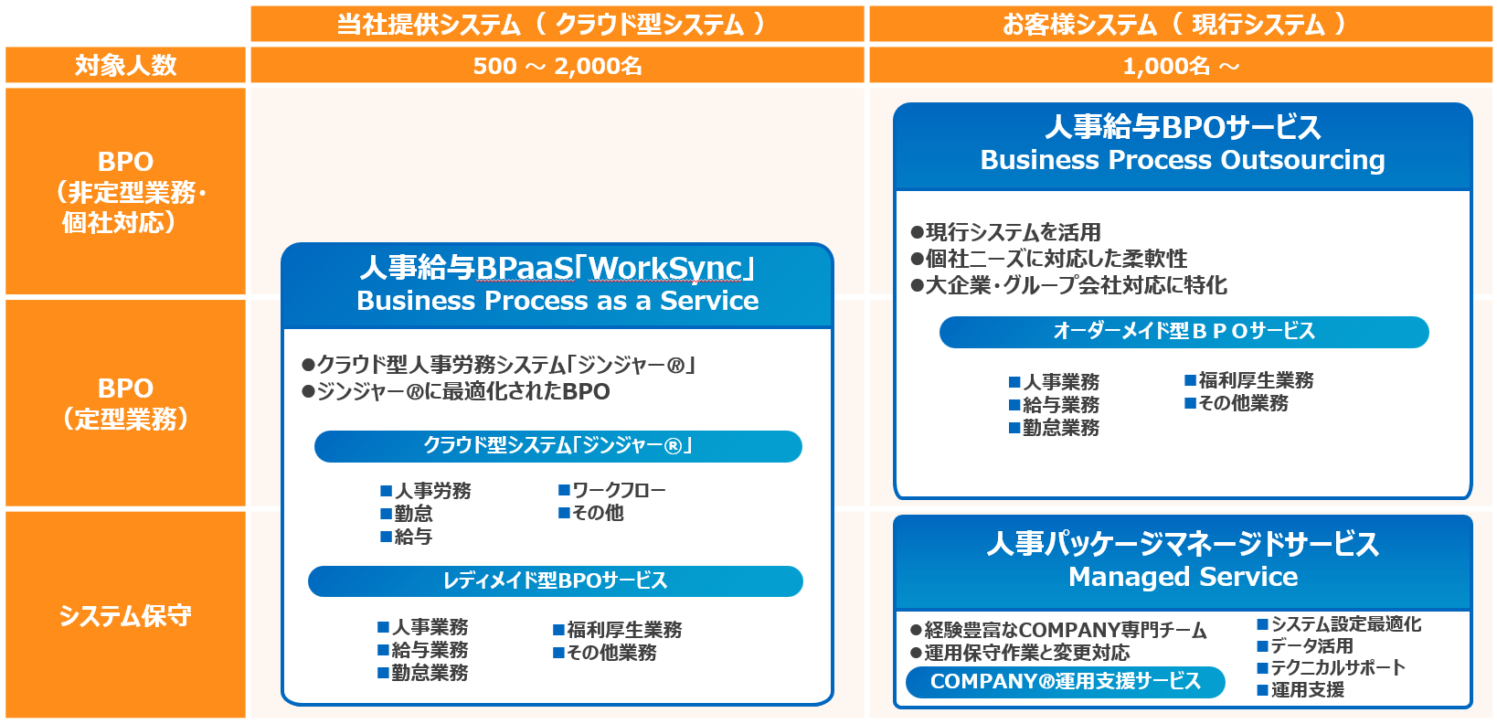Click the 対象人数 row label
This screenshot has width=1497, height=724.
point(125,66)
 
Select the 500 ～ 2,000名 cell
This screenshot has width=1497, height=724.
point(557,66)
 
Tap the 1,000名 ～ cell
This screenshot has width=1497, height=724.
point(1180,66)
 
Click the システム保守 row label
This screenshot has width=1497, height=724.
point(125,615)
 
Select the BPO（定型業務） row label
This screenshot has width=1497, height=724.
point(125,403)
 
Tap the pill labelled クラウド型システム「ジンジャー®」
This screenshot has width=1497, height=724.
point(557,446)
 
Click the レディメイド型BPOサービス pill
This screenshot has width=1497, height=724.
point(556,581)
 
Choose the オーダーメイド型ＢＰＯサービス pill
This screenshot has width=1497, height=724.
point(1184,332)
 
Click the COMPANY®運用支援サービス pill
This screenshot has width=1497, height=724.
point(1065,682)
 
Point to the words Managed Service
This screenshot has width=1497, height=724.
point(1183,577)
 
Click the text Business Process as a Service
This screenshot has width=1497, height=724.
point(557,301)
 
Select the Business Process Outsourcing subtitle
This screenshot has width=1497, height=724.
point(1183,160)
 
